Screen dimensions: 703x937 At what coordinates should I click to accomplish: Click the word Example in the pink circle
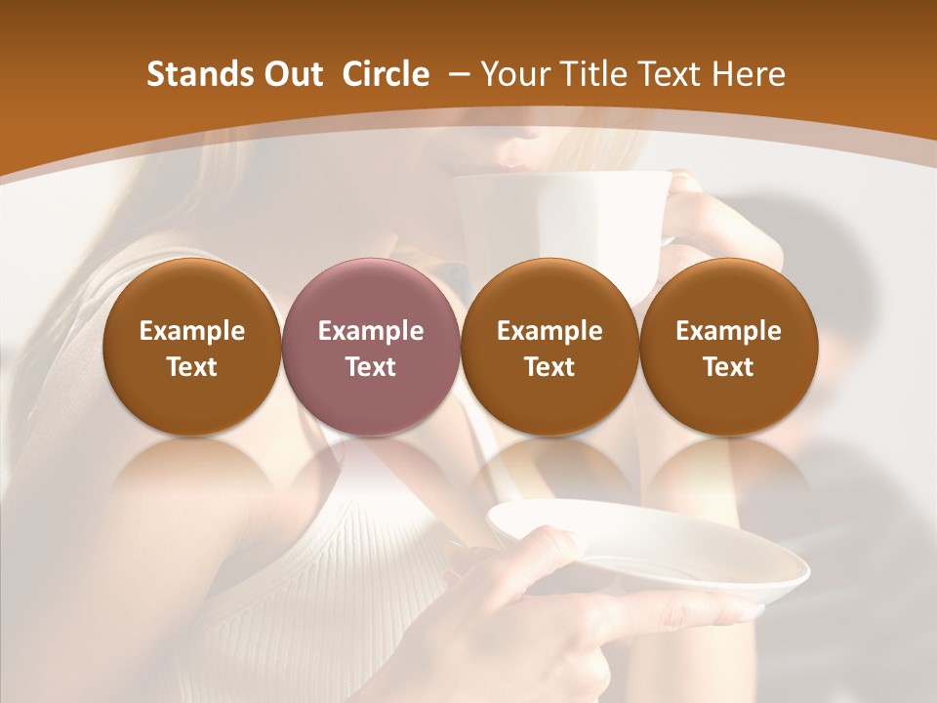pos(371,331)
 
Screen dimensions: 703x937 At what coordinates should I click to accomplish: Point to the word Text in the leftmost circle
pos(192,367)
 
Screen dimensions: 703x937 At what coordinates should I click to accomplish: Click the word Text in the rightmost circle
pos(728,367)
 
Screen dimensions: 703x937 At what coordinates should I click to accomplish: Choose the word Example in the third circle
pos(550,331)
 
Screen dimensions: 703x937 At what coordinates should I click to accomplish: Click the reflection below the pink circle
pos(370,469)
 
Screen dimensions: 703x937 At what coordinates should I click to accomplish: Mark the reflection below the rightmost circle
pos(728,469)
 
